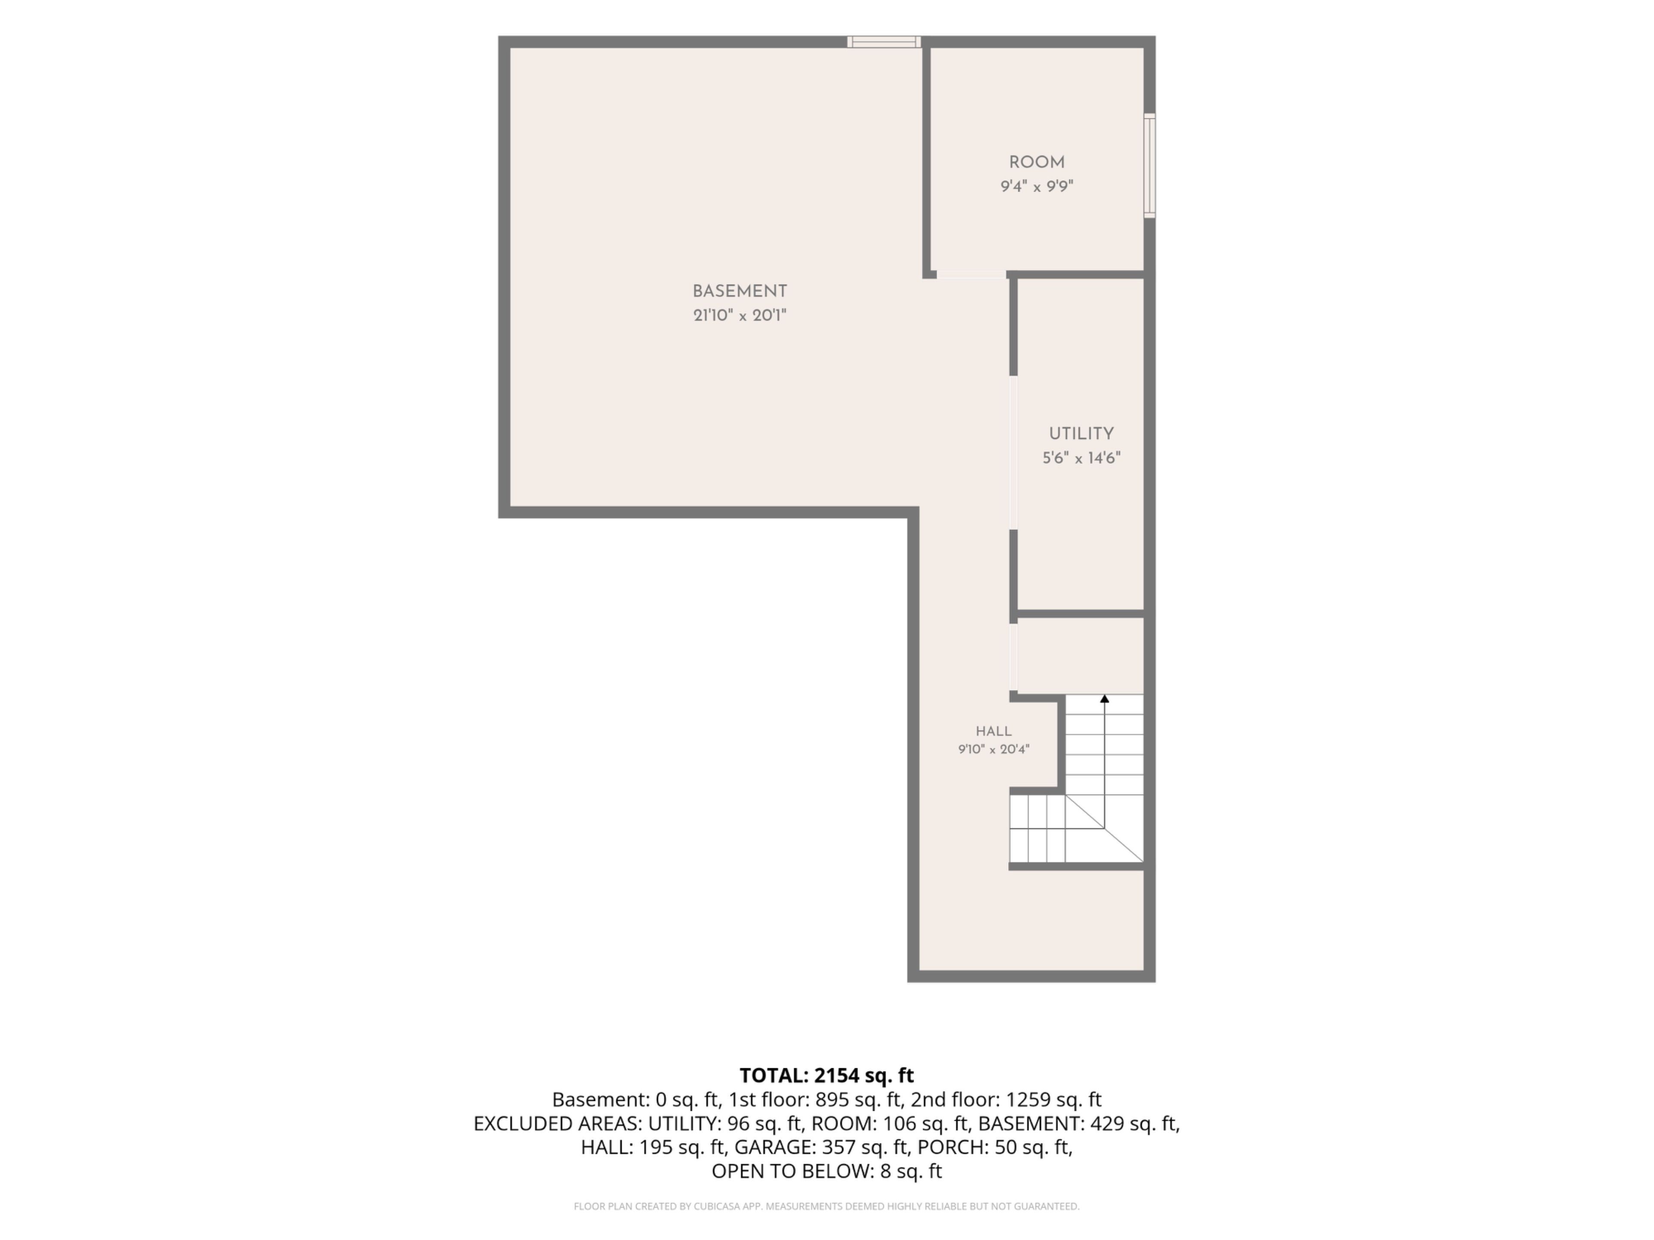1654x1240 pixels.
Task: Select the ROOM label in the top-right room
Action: tap(1036, 162)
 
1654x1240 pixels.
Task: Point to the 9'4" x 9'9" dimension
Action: tap(1036, 186)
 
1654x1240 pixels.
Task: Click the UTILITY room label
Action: tap(1081, 434)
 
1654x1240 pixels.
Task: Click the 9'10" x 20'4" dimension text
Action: tap(994, 749)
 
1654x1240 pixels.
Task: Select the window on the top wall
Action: tap(884, 42)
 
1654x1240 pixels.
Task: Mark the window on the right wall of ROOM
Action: tap(1150, 166)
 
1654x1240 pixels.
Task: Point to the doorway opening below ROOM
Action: tap(971, 274)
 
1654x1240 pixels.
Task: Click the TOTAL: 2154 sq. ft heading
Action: tap(826, 1076)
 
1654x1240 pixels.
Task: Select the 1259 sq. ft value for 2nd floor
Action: tap(1053, 1100)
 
